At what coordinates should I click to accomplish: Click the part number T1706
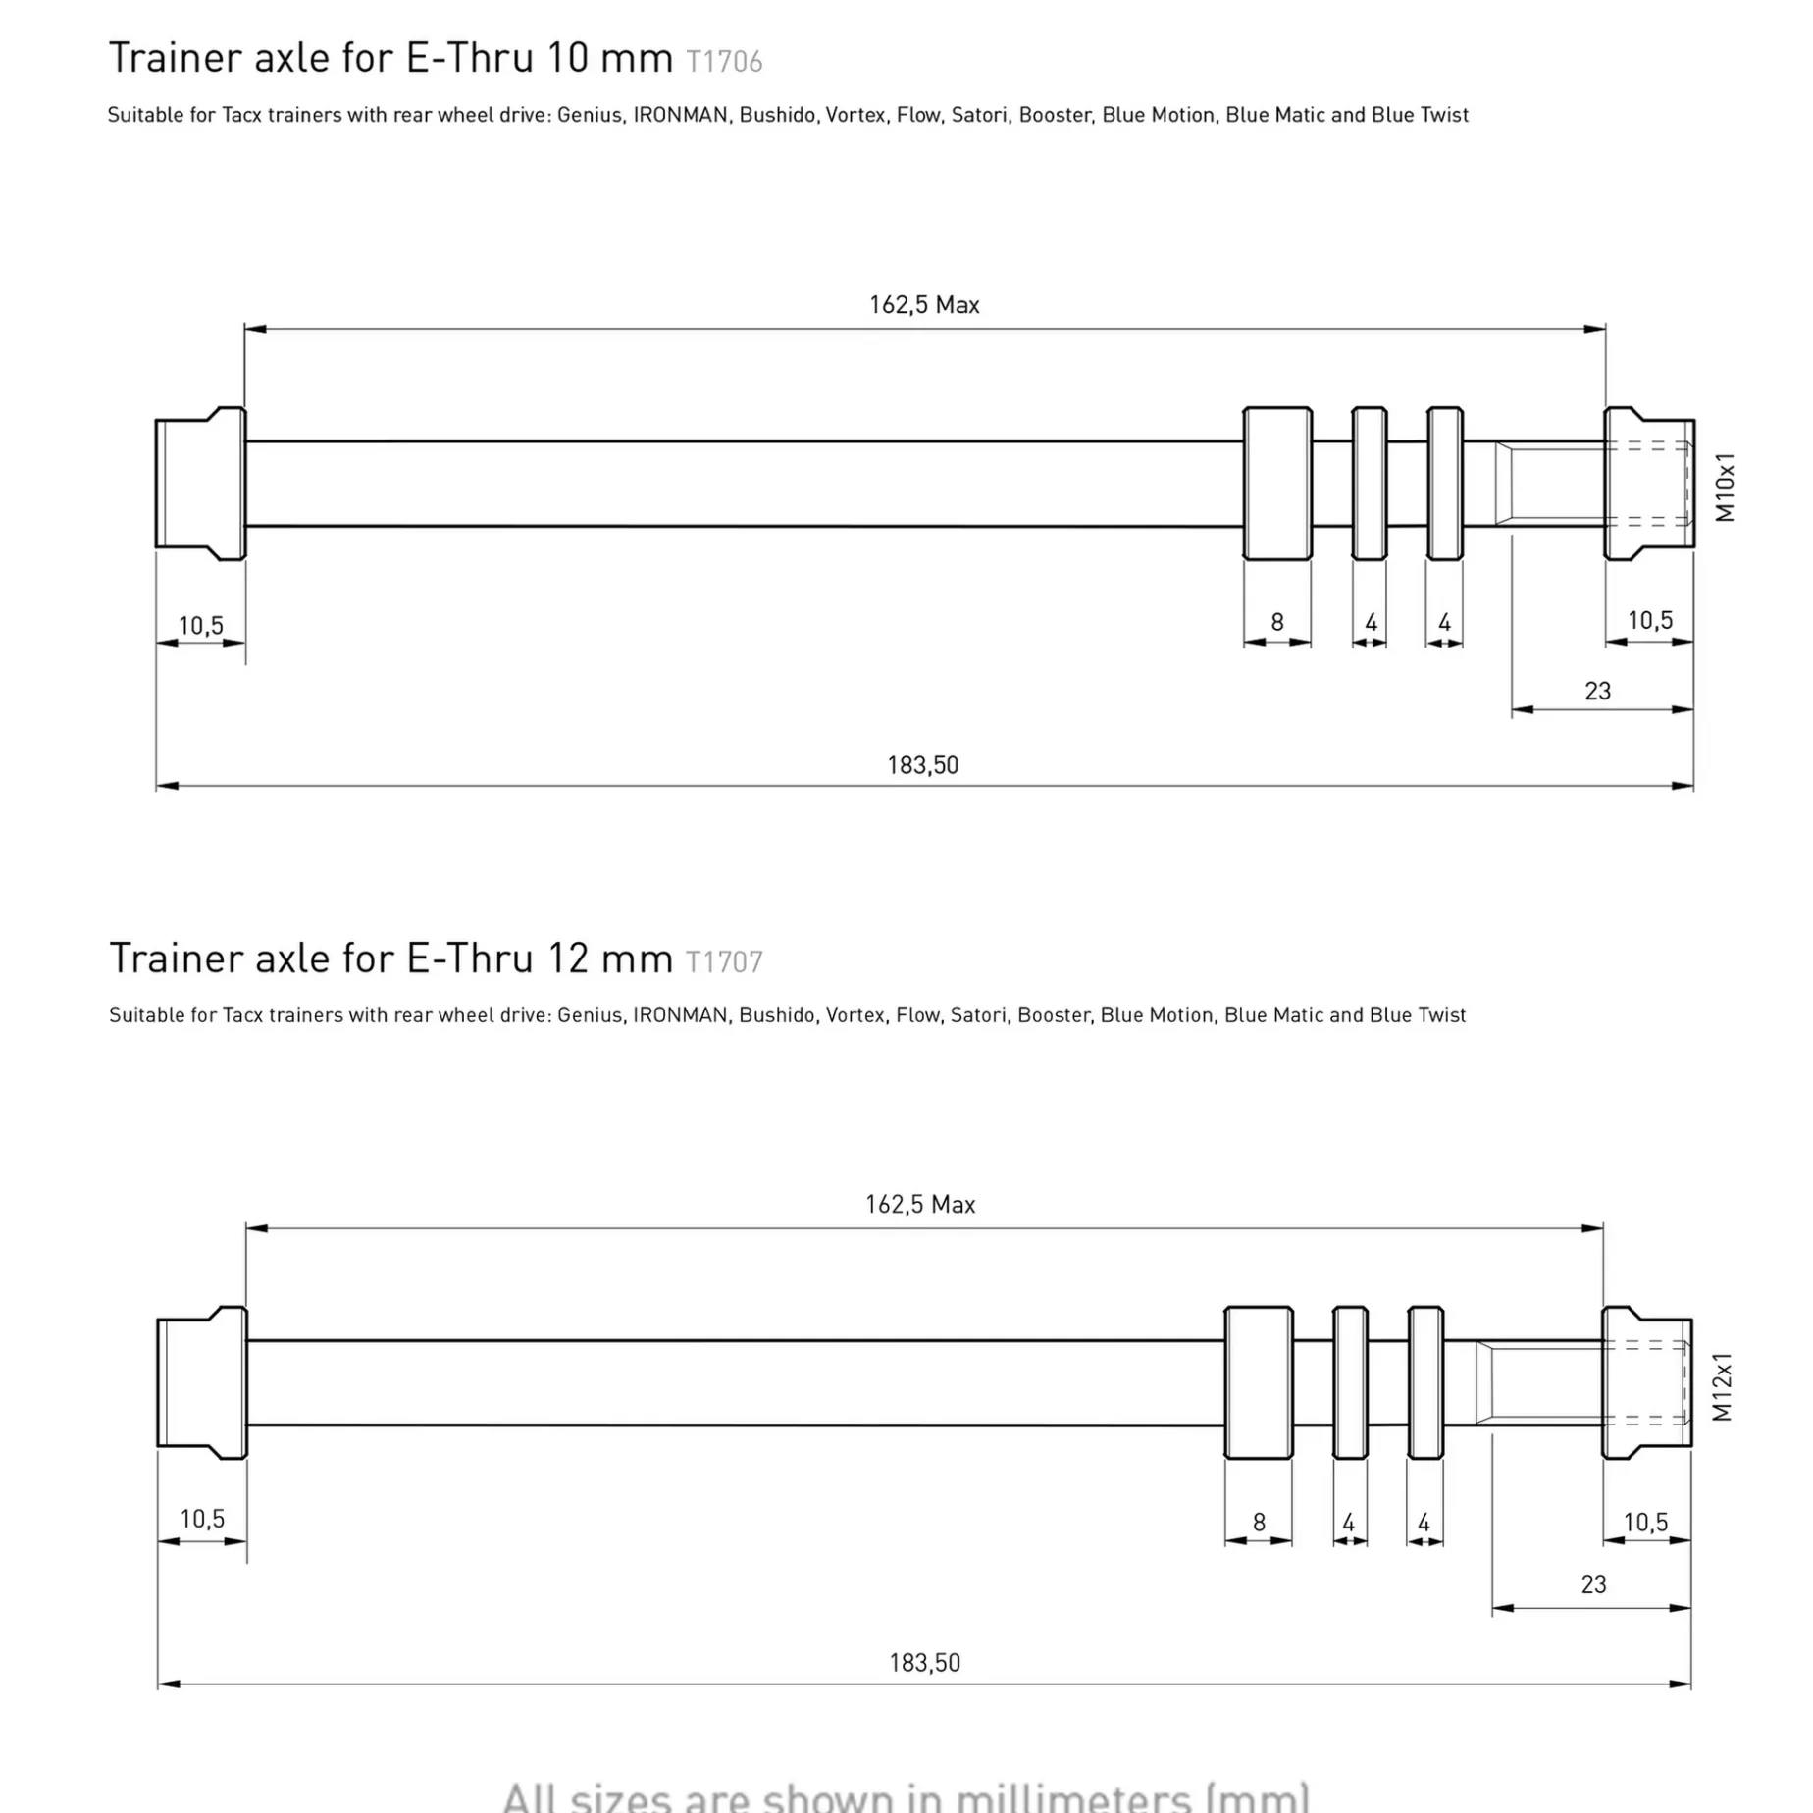(724, 62)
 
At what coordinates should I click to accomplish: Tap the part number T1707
(724, 961)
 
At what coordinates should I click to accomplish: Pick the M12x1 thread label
(1723, 1386)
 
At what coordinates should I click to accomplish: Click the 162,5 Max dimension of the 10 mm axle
(924, 305)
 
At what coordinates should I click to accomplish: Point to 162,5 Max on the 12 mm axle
(920, 1205)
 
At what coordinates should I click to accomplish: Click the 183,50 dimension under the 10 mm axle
(922, 765)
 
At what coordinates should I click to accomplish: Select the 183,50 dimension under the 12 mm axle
(924, 1663)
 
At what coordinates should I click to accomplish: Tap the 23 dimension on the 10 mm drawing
(1597, 691)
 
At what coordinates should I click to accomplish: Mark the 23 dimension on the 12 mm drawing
(1593, 1584)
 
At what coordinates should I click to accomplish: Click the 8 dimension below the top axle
(1277, 622)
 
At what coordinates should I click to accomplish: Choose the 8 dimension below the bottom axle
(1259, 1522)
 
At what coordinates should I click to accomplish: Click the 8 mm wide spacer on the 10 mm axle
(1277, 484)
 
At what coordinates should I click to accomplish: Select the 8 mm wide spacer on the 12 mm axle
(1259, 1382)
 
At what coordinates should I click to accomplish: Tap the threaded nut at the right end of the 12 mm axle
(1647, 1382)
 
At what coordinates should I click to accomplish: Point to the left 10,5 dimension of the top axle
(201, 626)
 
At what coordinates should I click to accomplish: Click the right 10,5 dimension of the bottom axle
(1645, 1523)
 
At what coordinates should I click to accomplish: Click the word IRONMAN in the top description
(680, 115)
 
